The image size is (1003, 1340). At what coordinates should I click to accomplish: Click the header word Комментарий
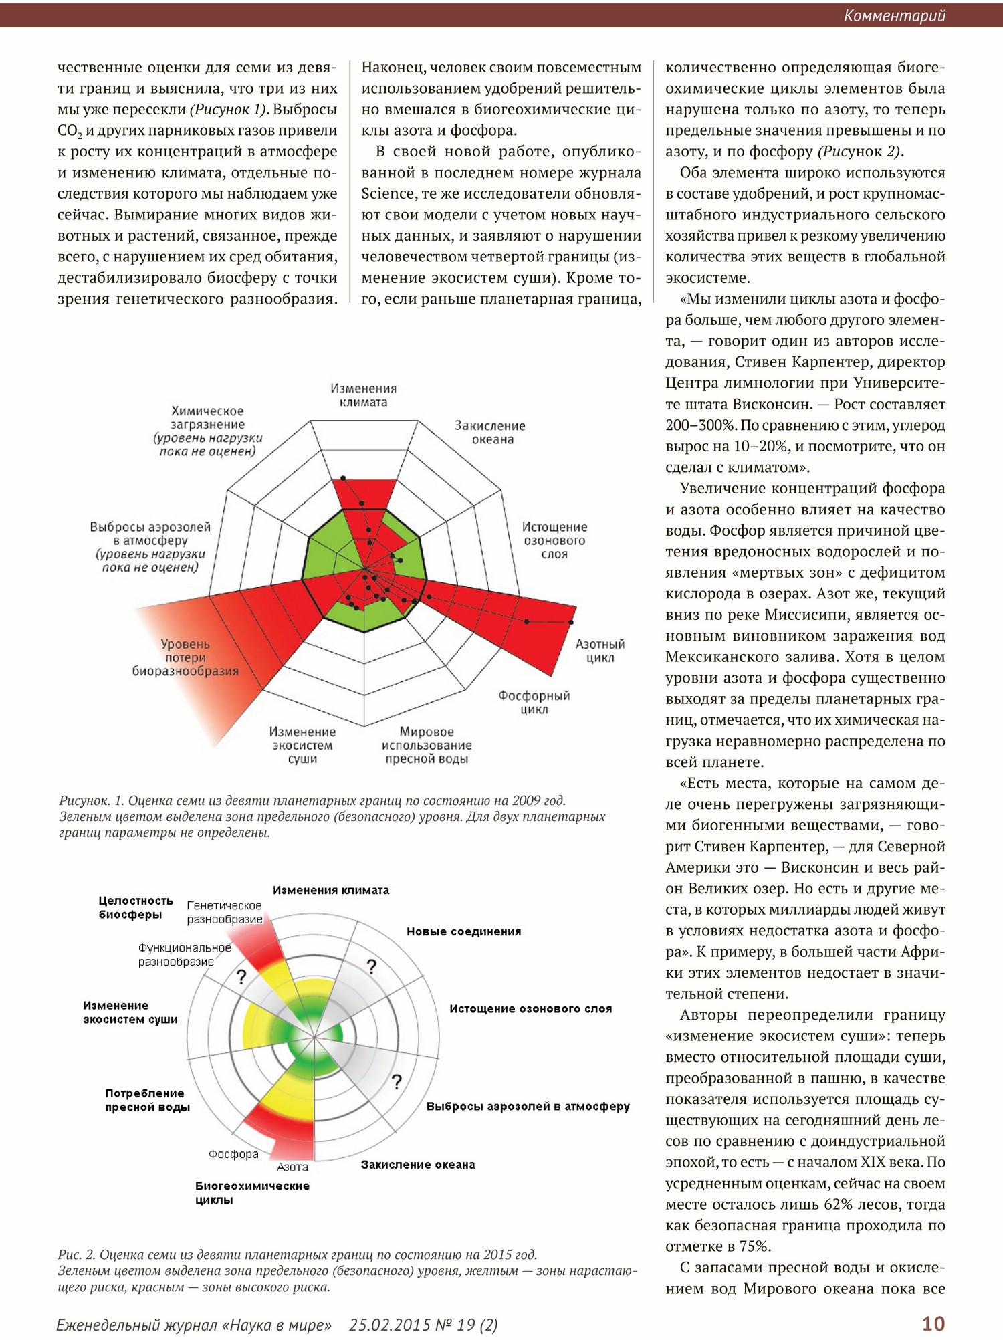[x=894, y=15]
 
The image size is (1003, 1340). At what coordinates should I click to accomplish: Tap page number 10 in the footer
[x=933, y=1323]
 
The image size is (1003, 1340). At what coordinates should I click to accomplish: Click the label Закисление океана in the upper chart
[x=490, y=432]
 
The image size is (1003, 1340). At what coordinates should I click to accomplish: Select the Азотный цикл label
[x=600, y=651]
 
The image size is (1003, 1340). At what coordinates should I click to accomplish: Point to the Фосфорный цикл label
[x=534, y=702]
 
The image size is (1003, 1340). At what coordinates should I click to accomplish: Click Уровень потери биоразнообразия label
[x=185, y=657]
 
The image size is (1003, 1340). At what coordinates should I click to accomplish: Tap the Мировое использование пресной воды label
[x=427, y=745]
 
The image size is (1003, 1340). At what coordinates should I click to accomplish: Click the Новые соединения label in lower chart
[x=463, y=931]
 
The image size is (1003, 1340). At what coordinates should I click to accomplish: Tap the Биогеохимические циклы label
[x=252, y=1192]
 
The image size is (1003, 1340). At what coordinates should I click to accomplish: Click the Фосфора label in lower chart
[x=233, y=1154]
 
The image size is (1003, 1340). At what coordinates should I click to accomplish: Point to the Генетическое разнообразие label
[x=224, y=912]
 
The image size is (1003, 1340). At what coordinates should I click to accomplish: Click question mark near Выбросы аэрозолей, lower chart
[x=397, y=1082]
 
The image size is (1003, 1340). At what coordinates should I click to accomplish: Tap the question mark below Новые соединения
[x=372, y=966]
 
